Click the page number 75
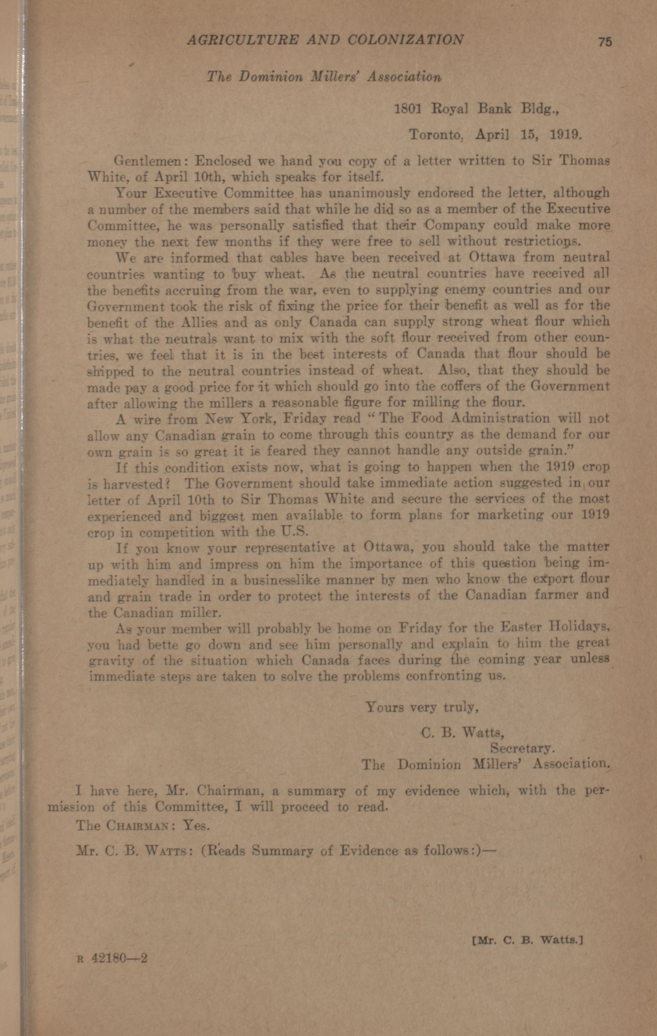[x=604, y=42]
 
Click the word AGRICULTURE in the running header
[x=242, y=40]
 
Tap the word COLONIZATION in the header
[x=405, y=40]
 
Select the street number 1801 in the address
[x=407, y=109]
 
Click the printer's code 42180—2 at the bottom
[x=119, y=959]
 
